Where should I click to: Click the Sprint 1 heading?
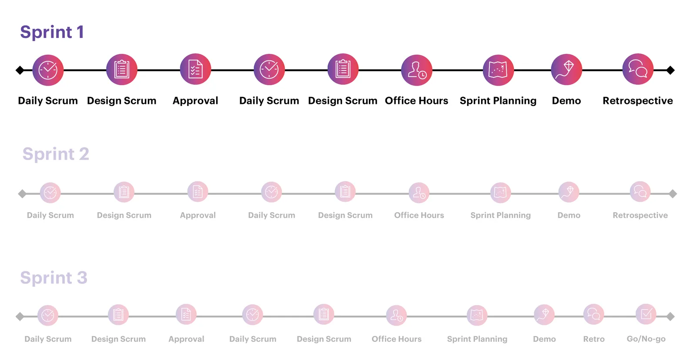pyautogui.click(x=52, y=32)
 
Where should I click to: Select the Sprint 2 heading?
pyautogui.click(x=56, y=154)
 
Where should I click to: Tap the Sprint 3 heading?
pyautogui.click(x=54, y=278)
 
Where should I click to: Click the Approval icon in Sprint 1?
pyautogui.click(x=195, y=69)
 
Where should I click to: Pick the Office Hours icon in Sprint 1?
pyautogui.click(x=417, y=70)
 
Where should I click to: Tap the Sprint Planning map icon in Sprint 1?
pyautogui.click(x=499, y=70)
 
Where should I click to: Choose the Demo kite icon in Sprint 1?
pyautogui.click(x=566, y=70)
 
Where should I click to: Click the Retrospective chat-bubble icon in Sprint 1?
pyautogui.click(x=638, y=69)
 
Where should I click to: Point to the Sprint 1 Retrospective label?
pyautogui.click(x=638, y=100)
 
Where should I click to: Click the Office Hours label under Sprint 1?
pyautogui.click(x=417, y=100)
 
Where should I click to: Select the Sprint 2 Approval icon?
pyautogui.click(x=197, y=192)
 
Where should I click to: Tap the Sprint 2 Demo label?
pyautogui.click(x=569, y=215)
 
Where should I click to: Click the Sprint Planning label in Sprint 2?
pyautogui.click(x=501, y=215)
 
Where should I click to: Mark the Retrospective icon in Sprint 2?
pyautogui.click(x=640, y=192)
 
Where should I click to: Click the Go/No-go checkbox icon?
pyautogui.click(x=646, y=314)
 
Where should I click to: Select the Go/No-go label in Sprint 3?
pyautogui.click(x=646, y=339)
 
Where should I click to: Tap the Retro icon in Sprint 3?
pyautogui.click(x=594, y=314)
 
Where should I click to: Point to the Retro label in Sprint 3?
pyautogui.click(x=594, y=339)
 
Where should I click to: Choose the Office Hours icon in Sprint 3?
pyautogui.click(x=396, y=315)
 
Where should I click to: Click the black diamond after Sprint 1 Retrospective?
pyautogui.click(x=670, y=70)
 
